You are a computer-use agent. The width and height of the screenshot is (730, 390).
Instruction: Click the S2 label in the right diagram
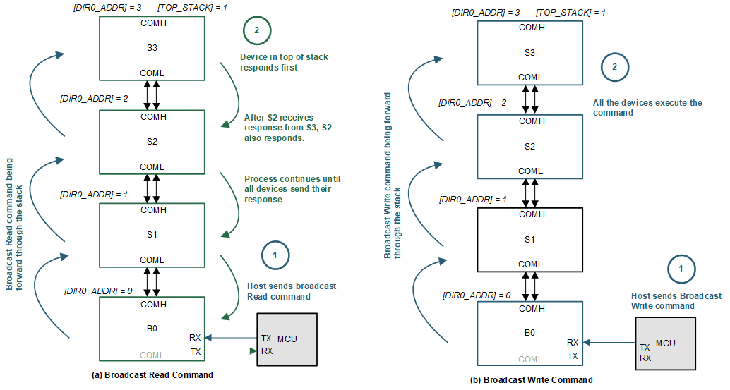pyautogui.click(x=531, y=147)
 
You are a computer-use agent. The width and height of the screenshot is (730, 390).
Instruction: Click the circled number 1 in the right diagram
pyautogui.click(x=681, y=269)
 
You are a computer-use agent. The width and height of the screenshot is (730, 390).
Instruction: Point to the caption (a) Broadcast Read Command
pyautogui.click(x=152, y=374)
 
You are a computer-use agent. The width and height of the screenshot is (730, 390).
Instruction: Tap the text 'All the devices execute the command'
pyautogui.click(x=647, y=107)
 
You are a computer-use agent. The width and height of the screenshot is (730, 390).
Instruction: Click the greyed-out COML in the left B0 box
pyautogui.click(x=152, y=355)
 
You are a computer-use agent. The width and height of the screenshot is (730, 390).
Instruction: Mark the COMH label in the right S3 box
pyautogui.click(x=531, y=28)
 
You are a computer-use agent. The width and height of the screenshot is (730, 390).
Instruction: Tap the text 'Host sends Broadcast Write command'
pyautogui.click(x=676, y=300)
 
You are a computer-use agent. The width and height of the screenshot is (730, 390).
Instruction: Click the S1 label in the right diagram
pyautogui.click(x=531, y=240)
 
